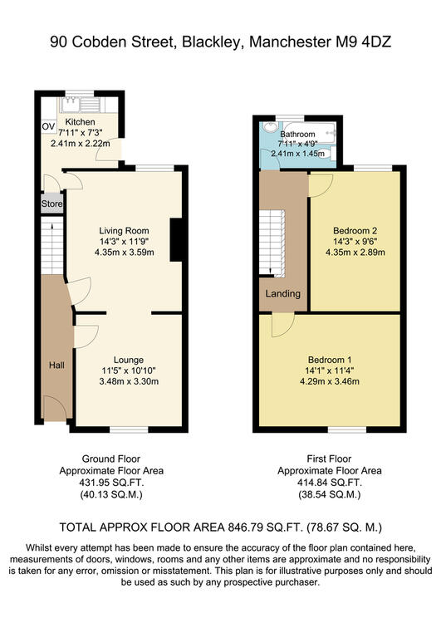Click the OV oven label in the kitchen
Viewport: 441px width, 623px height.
[x=48, y=127]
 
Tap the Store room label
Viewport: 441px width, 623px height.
[x=52, y=204]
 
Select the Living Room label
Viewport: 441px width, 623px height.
[x=124, y=230]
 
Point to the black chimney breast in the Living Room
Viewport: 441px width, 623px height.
[x=176, y=239]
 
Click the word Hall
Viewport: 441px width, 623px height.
[x=56, y=365]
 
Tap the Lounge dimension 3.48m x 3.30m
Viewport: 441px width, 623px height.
[x=129, y=381]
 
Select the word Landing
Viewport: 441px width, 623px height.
[x=283, y=293]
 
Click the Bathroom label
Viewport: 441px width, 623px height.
[x=297, y=135]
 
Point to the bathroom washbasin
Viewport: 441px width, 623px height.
[x=270, y=127]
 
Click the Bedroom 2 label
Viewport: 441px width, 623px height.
[x=355, y=230]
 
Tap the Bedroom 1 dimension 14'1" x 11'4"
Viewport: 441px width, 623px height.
[x=330, y=370]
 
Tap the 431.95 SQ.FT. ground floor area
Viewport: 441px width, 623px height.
[x=111, y=483]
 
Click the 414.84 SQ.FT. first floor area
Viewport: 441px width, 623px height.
[x=330, y=483]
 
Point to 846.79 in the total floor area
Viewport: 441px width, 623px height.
[x=243, y=527]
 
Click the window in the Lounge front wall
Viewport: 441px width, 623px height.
[x=129, y=429]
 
